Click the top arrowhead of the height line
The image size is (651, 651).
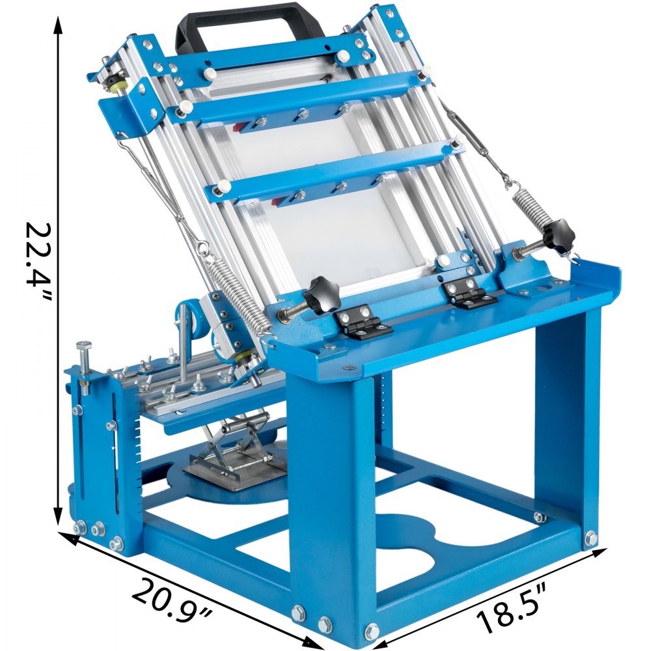tap(58, 26)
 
